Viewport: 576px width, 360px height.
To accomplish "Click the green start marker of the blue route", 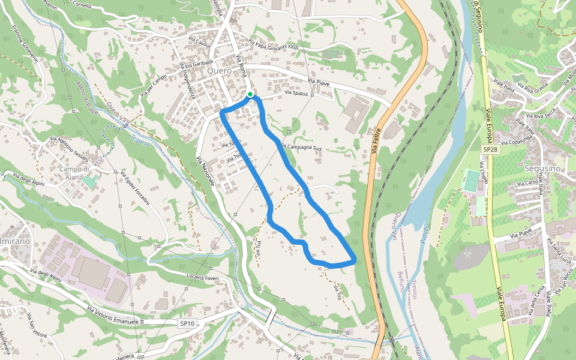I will pyautogui.click(x=250, y=94).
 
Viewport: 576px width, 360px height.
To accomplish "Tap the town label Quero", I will pyautogui.click(x=218, y=70).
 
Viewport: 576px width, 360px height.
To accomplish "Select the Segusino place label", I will pyautogui.click(x=541, y=169).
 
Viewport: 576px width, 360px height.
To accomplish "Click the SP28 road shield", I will pyautogui.click(x=490, y=149).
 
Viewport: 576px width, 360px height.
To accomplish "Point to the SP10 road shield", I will pyautogui.click(x=187, y=323).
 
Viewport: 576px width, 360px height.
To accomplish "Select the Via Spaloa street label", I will pyautogui.click(x=296, y=93).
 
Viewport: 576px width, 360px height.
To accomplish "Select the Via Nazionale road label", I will pyautogui.click(x=205, y=170).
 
